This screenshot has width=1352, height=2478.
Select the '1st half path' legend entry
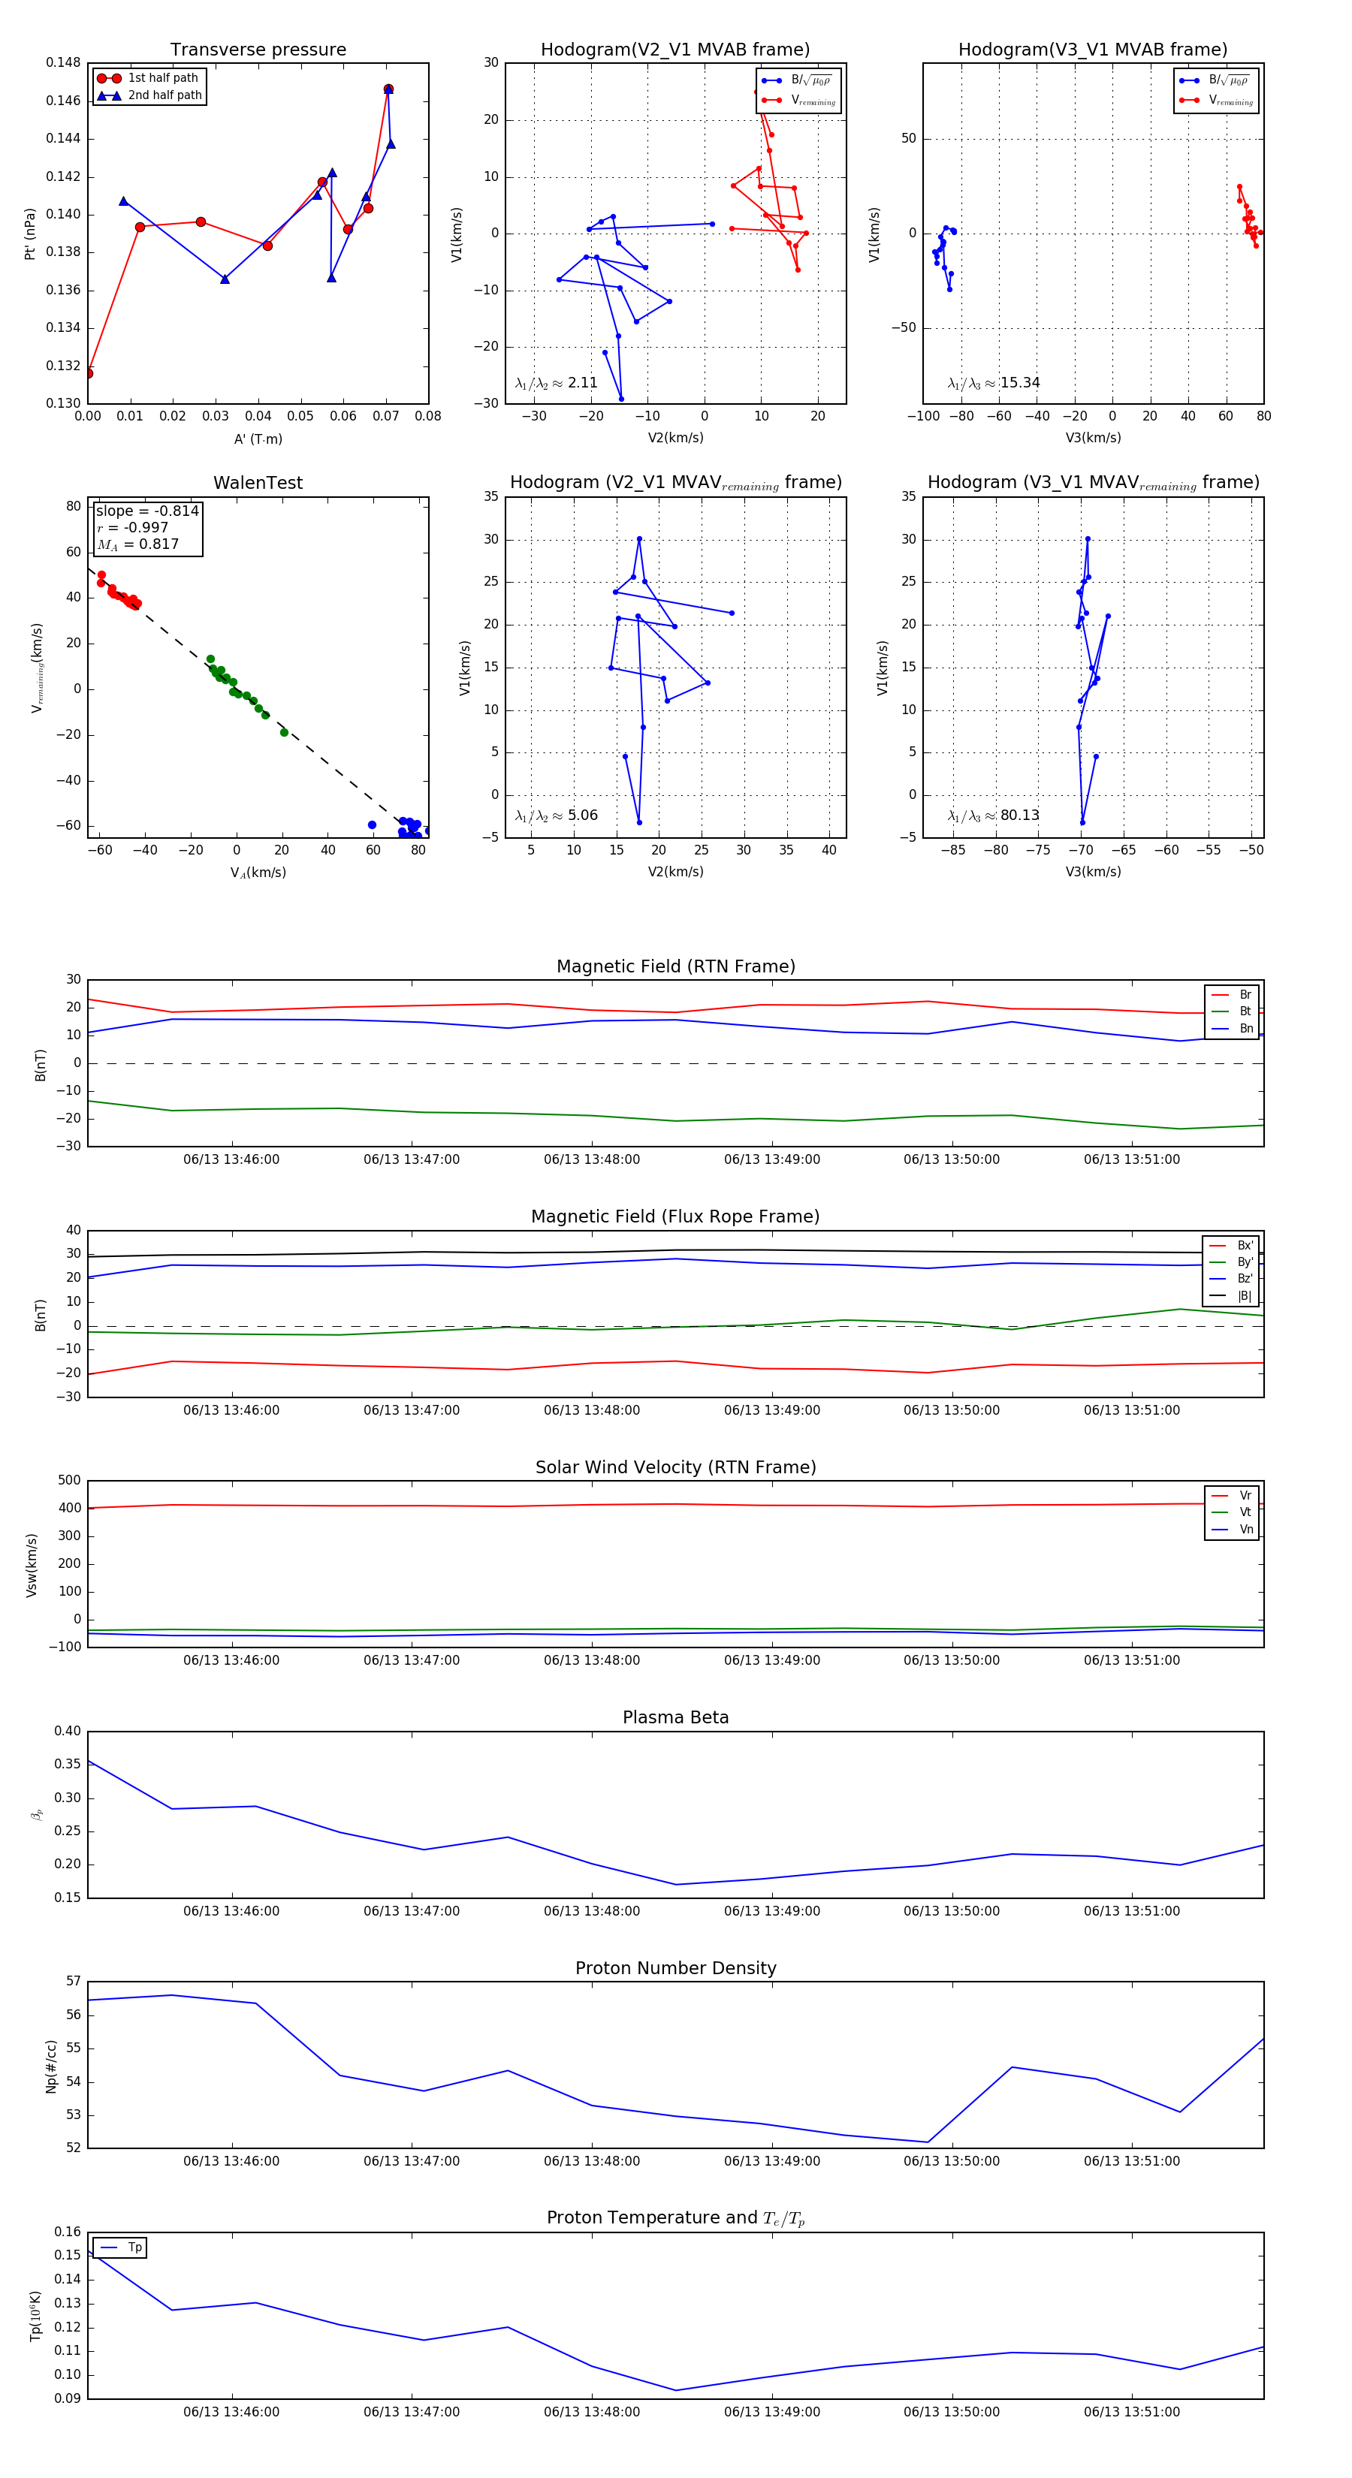[161, 78]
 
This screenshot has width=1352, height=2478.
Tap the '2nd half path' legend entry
[164, 95]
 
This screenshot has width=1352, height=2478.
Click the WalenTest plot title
[258, 483]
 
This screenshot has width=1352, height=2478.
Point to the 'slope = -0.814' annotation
[147, 511]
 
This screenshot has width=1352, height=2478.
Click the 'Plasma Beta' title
[675, 1718]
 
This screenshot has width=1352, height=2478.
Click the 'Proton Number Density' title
[675, 1968]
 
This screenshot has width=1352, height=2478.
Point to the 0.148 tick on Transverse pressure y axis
[64, 62]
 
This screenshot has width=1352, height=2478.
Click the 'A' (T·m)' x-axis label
[258, 439]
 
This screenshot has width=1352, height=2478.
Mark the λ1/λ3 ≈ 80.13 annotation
[993, 815]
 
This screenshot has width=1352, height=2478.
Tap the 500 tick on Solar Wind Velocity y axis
[69, 1481]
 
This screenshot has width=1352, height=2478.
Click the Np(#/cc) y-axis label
[51, 2067]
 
